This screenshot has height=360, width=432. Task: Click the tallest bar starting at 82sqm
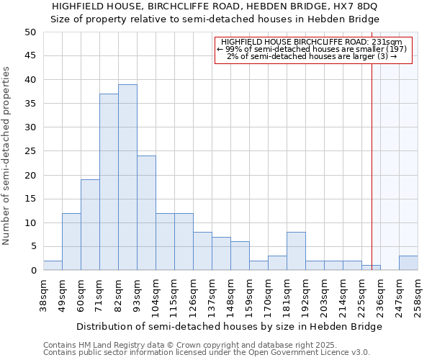[127, 177]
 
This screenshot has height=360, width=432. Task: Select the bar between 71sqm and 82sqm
[109, 182]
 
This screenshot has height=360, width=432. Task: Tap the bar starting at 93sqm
[146, 213]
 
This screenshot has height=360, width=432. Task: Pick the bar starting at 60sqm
[90, 225]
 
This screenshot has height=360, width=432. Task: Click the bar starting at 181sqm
[296, 251]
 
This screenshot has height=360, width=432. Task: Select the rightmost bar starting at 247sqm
[408, 263]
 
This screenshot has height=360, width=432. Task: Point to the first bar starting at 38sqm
[53, 266]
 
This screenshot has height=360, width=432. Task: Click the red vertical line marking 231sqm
[372, 158]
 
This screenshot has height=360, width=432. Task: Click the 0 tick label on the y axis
[32, 271]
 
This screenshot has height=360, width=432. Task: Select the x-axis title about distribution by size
[229, 326]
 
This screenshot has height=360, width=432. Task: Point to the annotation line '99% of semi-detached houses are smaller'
[312, 49]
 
